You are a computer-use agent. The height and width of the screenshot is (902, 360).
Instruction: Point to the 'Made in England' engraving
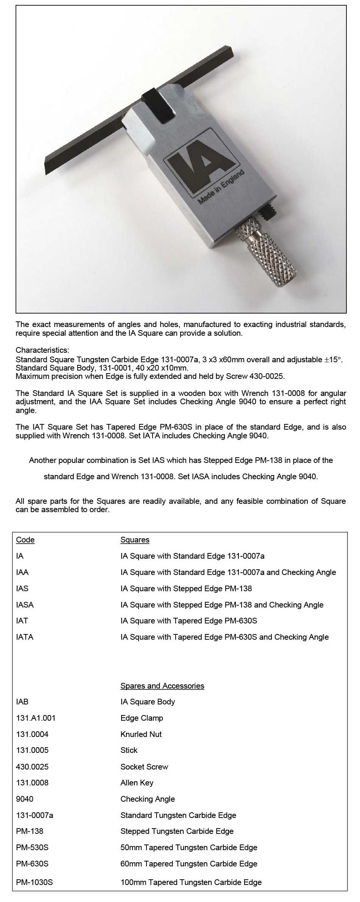click(x=222, y=187)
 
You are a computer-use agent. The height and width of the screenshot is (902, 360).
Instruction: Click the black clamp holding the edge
click(x=158, y=108)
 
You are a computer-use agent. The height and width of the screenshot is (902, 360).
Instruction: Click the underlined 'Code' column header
click(x=25, y=540)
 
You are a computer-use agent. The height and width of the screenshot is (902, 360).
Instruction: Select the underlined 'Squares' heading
click(x=135, y=540)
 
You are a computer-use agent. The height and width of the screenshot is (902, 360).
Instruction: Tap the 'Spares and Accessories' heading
click(x=162, y=686)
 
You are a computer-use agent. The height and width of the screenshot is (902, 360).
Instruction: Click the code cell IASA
click(x=25, y=605)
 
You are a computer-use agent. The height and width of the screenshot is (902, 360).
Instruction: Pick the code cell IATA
click(x=25, y=637)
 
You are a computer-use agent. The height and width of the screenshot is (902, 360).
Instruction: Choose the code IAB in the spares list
click(x=22, y=702)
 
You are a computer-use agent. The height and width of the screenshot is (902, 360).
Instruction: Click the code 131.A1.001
click(x=36, y=718)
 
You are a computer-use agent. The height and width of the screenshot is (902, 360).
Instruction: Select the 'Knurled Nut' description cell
click(x=141, y=734)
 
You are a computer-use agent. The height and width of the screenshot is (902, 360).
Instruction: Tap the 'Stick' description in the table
click(x=129, y=750)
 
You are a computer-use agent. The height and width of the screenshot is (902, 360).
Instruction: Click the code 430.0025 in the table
click(x=32, y=767)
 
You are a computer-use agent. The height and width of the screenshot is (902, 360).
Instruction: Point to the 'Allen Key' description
click(x=137, y=783)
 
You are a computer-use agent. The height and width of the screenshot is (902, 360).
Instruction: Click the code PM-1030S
click(x=34, y=882)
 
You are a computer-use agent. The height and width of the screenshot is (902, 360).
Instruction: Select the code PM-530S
click(x=32, y=847)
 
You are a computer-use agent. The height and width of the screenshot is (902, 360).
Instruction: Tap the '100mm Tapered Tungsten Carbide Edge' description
click(x=191, y=882)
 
